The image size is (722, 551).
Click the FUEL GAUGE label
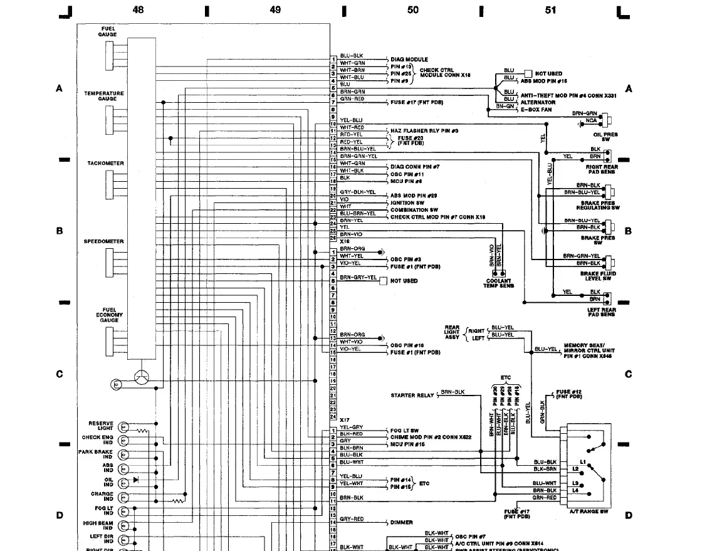(107, 31)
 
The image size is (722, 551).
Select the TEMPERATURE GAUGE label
(104, 96)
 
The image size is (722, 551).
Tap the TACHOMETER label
(105, 164)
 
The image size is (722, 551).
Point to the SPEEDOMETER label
(104, 241)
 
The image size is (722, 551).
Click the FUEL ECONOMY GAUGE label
(109, 315)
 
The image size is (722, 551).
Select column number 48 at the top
(138, 10)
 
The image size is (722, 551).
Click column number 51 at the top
(550, 10)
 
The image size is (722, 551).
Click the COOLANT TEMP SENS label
(498, 283)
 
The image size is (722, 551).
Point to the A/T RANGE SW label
(589, 512)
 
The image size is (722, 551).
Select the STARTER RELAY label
(412, 396)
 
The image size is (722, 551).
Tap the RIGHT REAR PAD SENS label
(602, 169)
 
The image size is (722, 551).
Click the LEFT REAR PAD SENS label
(601, 312)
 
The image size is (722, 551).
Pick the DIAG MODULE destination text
(409, 60)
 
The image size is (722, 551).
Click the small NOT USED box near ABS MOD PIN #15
(528, 73)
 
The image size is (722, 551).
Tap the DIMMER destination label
(402, 522)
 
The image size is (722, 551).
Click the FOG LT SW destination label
(405, 431)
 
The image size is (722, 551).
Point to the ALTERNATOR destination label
(538, 102)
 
